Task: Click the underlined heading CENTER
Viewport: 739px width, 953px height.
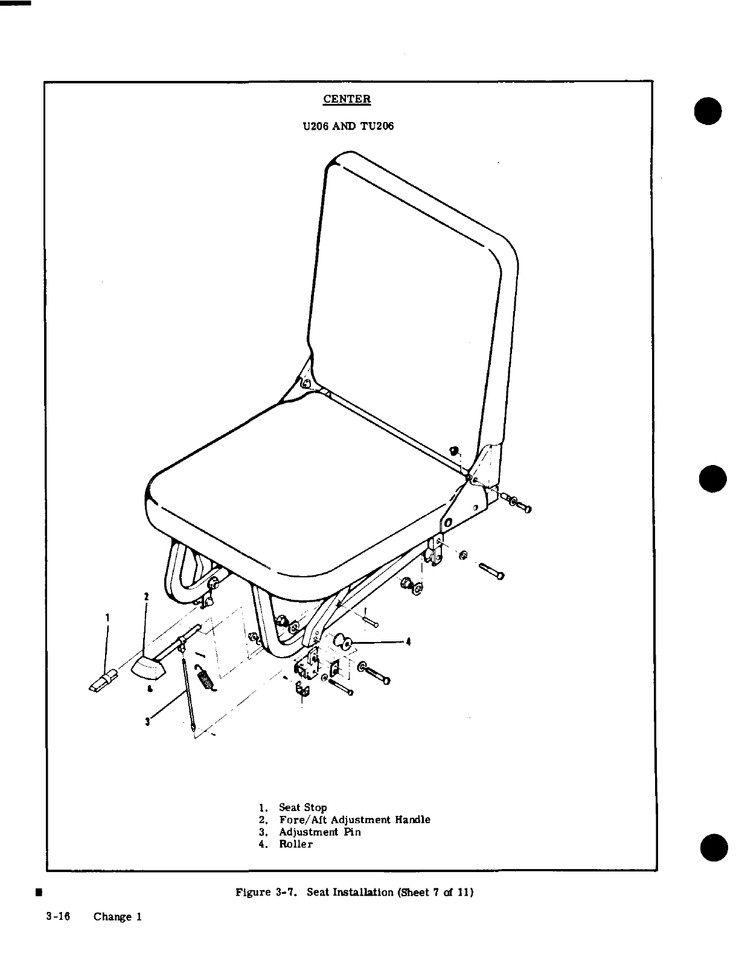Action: click(x=347, y=99)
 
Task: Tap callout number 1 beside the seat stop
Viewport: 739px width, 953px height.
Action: click(x=107, y=618)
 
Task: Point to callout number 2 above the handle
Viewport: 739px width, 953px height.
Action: click(x=146, y=597)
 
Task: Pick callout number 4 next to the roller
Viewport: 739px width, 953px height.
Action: click(x=409, y=641)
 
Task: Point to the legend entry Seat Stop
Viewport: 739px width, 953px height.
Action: click(x=302, y=807)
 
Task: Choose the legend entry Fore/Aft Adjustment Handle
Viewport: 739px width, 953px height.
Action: click(x=354, y=820)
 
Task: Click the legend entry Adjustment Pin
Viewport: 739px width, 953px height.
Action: click(x=319, y=832)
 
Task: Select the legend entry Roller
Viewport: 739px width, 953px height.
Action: click(x=296, y=844)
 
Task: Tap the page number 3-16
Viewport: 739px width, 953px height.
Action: click(x=58, y=916)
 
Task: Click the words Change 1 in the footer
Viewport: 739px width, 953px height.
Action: click(x=117, y=916)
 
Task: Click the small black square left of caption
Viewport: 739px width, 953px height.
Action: click(x=38, y=891)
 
